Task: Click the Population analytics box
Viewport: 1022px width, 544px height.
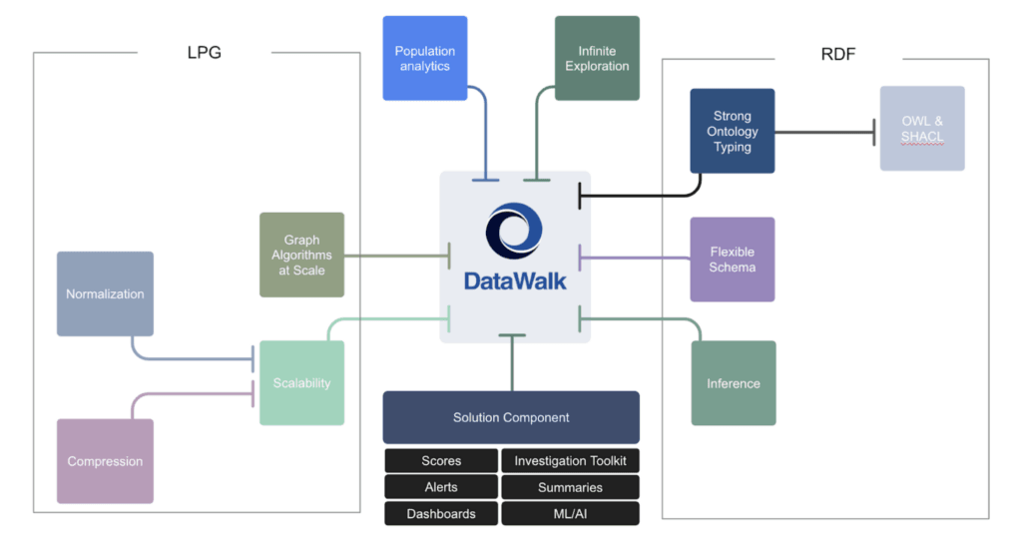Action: point(425,58)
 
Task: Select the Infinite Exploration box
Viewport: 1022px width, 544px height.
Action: point(597,58)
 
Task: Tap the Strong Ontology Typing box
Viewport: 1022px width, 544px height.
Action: point(732,131)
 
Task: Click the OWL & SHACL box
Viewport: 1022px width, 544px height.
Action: point(922,128)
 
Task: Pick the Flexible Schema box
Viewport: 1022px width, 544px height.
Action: point(732,260)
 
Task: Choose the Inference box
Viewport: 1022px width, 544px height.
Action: point(733,383)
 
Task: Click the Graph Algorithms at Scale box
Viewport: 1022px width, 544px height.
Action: point(301,255)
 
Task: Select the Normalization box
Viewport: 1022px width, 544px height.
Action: point(105,293)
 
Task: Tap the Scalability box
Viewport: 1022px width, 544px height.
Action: point(301,382)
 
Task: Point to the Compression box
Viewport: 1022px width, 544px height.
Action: point(105,461)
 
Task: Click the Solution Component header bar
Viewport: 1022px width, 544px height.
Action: point(511,417)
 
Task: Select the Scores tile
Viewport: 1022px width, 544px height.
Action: point(441,461)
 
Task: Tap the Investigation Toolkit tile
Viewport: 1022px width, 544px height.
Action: point(570,461)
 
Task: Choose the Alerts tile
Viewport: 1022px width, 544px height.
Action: point(441,487)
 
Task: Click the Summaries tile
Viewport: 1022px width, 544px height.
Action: point(570,487)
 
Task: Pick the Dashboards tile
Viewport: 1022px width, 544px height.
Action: point(441,514)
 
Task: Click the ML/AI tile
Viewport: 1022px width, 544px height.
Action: point(570,514)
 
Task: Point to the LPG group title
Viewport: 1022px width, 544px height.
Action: point(203,53)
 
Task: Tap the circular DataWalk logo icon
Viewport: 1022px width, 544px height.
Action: point(514,232)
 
